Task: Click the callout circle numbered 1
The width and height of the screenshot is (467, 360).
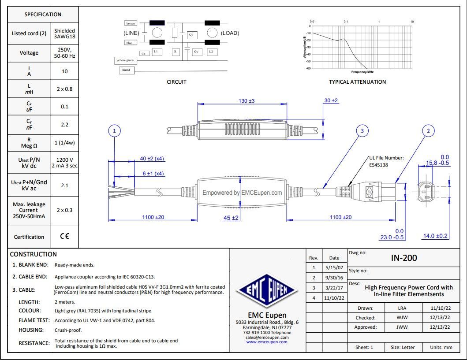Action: pos(115,131)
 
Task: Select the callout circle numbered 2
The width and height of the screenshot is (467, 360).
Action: pos(428,131)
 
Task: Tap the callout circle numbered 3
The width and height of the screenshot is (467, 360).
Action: pos(362,131)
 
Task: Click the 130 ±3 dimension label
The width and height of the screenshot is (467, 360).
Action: pos(247,101)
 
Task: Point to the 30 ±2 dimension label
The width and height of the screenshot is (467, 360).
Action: pos(331,100)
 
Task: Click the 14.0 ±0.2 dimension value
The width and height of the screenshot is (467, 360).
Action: pos(435,236)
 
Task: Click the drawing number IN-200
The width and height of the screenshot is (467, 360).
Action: pos(403,258)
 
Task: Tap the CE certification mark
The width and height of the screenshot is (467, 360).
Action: pos(64,237)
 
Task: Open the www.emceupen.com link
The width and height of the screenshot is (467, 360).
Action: pos(267,341)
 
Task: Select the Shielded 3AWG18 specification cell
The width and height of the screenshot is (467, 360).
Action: pos(64,34)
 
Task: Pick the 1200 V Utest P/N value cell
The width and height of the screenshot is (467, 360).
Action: pos(65,162)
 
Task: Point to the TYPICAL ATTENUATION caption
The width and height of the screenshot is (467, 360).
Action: pos(357,82)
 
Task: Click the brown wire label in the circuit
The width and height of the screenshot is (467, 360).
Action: pos(131,23)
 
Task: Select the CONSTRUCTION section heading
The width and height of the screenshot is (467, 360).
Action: pos(34,254)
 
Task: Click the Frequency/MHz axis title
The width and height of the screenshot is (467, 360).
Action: pos(362,71)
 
